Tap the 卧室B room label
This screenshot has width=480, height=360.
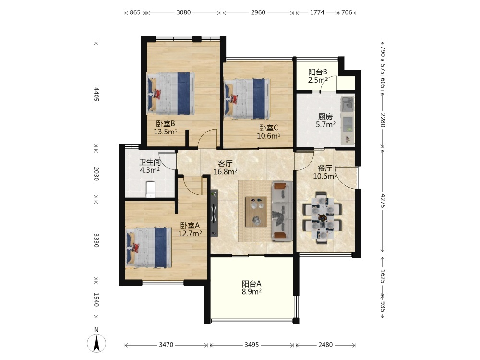pos(166,124)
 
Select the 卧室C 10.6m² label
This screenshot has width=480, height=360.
pos(269,132)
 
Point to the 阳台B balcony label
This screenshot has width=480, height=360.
pos(318,72)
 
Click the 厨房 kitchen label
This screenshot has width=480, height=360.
pos(325,117)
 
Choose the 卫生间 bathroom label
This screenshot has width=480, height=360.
pos(150,162)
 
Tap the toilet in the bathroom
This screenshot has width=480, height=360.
pos(150,190)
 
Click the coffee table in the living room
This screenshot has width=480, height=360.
pos(256,212)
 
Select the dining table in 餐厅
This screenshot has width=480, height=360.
pos(323,217)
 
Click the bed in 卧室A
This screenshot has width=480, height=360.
pos(148,248)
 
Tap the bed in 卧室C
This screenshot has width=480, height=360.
pos(247,98)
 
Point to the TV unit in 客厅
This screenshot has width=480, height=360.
pos(214,214)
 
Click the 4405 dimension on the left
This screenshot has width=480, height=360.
pos(96,94)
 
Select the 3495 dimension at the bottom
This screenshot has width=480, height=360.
pos(252,345)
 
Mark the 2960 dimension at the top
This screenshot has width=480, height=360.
pos(258,12)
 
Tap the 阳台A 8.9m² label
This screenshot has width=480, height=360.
pos(252,288)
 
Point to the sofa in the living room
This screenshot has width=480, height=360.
pos(282,211)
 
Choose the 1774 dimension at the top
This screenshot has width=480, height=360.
pos(317,12)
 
